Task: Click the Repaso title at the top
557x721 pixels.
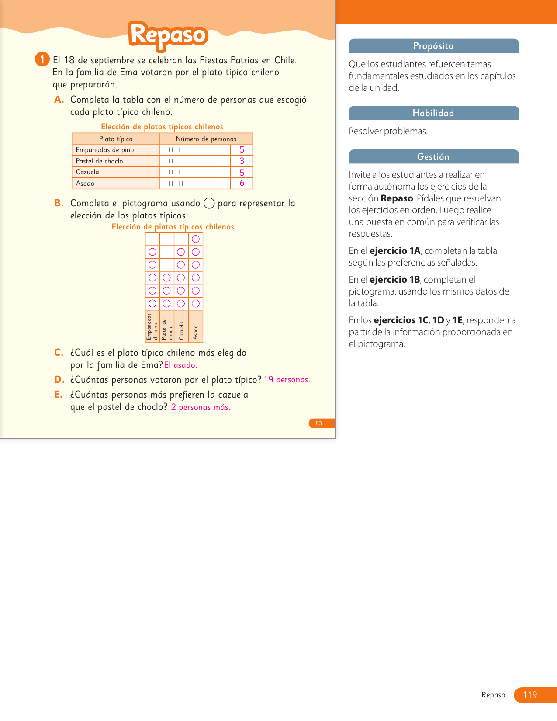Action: (x=168, y=35)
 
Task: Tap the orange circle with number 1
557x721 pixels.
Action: (x=42, y=59)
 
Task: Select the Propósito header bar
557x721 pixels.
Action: (x=433, y=46)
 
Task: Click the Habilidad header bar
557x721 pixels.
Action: (x=433, y=113)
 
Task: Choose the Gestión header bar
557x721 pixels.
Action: (x=433, y=157)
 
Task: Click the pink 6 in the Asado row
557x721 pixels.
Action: (x=242, y=183)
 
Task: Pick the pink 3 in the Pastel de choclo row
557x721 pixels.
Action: (x=242, y=161)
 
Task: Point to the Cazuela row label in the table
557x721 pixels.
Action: (x=87, y=172)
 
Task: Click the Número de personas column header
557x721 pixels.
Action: (x=206, y=139)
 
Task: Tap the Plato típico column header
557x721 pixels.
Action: (x=116, y=139)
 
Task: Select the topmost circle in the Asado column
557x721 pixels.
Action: (x=196, y=239)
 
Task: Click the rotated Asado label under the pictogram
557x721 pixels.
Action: (x=196, y=332)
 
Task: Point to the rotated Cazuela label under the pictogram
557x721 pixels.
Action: (x=181, y=331)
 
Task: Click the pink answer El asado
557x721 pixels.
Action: (x=180, y=365)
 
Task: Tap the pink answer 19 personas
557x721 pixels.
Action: (x=287, y=380)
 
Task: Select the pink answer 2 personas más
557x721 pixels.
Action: (x=200, y=407)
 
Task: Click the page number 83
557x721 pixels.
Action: (x=319, y=423)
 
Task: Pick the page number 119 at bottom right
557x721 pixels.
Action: (x=530, y=695)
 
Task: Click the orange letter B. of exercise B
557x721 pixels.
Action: (x=59, y=203)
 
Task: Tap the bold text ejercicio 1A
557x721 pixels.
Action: (x=394, y=251)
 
